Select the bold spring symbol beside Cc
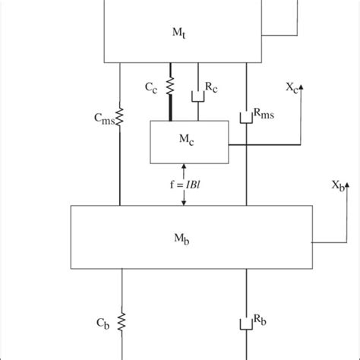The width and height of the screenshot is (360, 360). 169,84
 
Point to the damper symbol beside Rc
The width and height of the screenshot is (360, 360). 199,98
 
